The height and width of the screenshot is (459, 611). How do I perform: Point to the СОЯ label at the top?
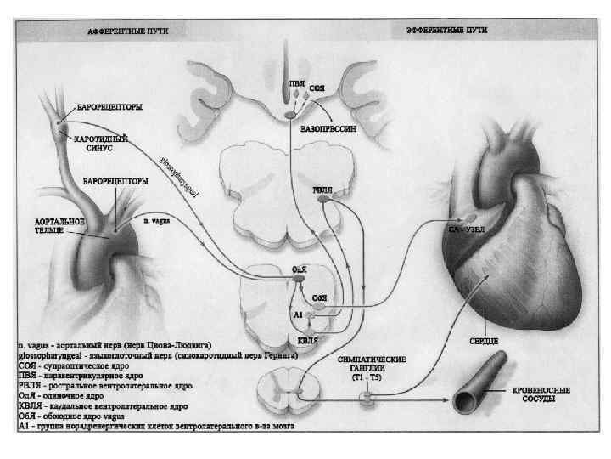(x=316, y=88)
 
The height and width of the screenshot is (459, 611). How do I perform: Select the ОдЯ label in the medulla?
(x=299, y=269)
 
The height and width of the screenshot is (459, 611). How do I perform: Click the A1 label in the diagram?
(x=297, y=314)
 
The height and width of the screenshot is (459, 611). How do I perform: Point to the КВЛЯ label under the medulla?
(x=310, y=339)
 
